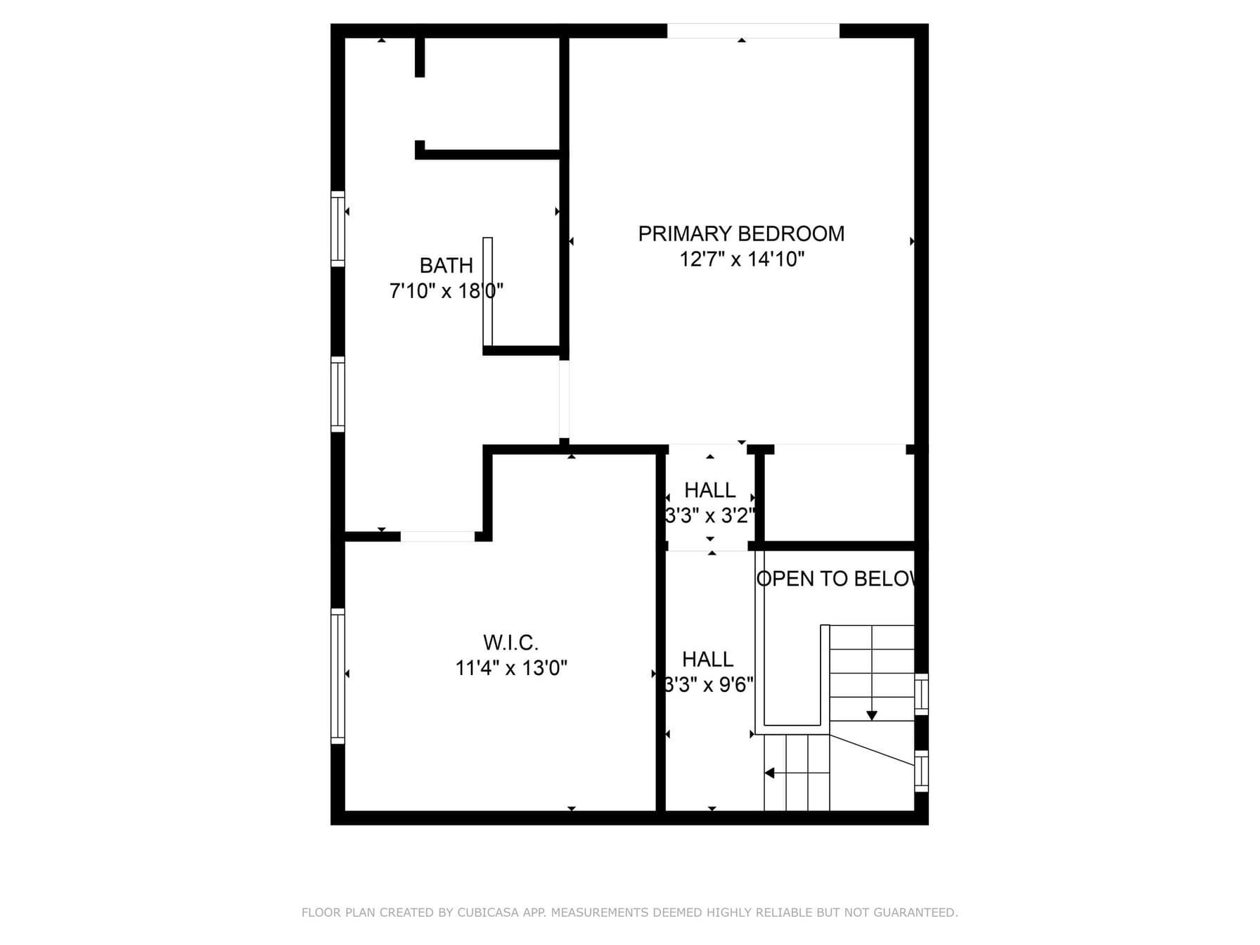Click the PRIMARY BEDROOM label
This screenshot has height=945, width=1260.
click(741, 233)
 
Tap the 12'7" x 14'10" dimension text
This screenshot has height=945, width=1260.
click(741, 259)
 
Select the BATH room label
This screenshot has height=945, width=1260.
click(446, 266)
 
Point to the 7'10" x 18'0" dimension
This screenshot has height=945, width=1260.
click(446, 291)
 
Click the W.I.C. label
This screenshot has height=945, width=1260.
click(510, 643)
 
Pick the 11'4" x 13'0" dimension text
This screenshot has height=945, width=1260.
click(510, 668)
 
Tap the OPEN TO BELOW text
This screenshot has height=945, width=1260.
click(836, 579)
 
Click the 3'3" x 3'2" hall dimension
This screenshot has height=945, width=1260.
click(710, 516)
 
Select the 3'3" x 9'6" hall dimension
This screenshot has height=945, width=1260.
click(709, 685)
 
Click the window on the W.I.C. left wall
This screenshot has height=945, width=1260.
click(338, 676)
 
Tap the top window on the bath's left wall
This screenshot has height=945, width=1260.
click(338, 229)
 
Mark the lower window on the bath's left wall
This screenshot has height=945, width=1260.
click(338, 394)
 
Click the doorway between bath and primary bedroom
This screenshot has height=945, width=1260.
click(564, 399)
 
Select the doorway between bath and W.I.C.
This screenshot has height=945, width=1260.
click(437, 536)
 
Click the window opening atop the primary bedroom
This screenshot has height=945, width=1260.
click(753, 31)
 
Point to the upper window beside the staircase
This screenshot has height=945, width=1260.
click(921, 694)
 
